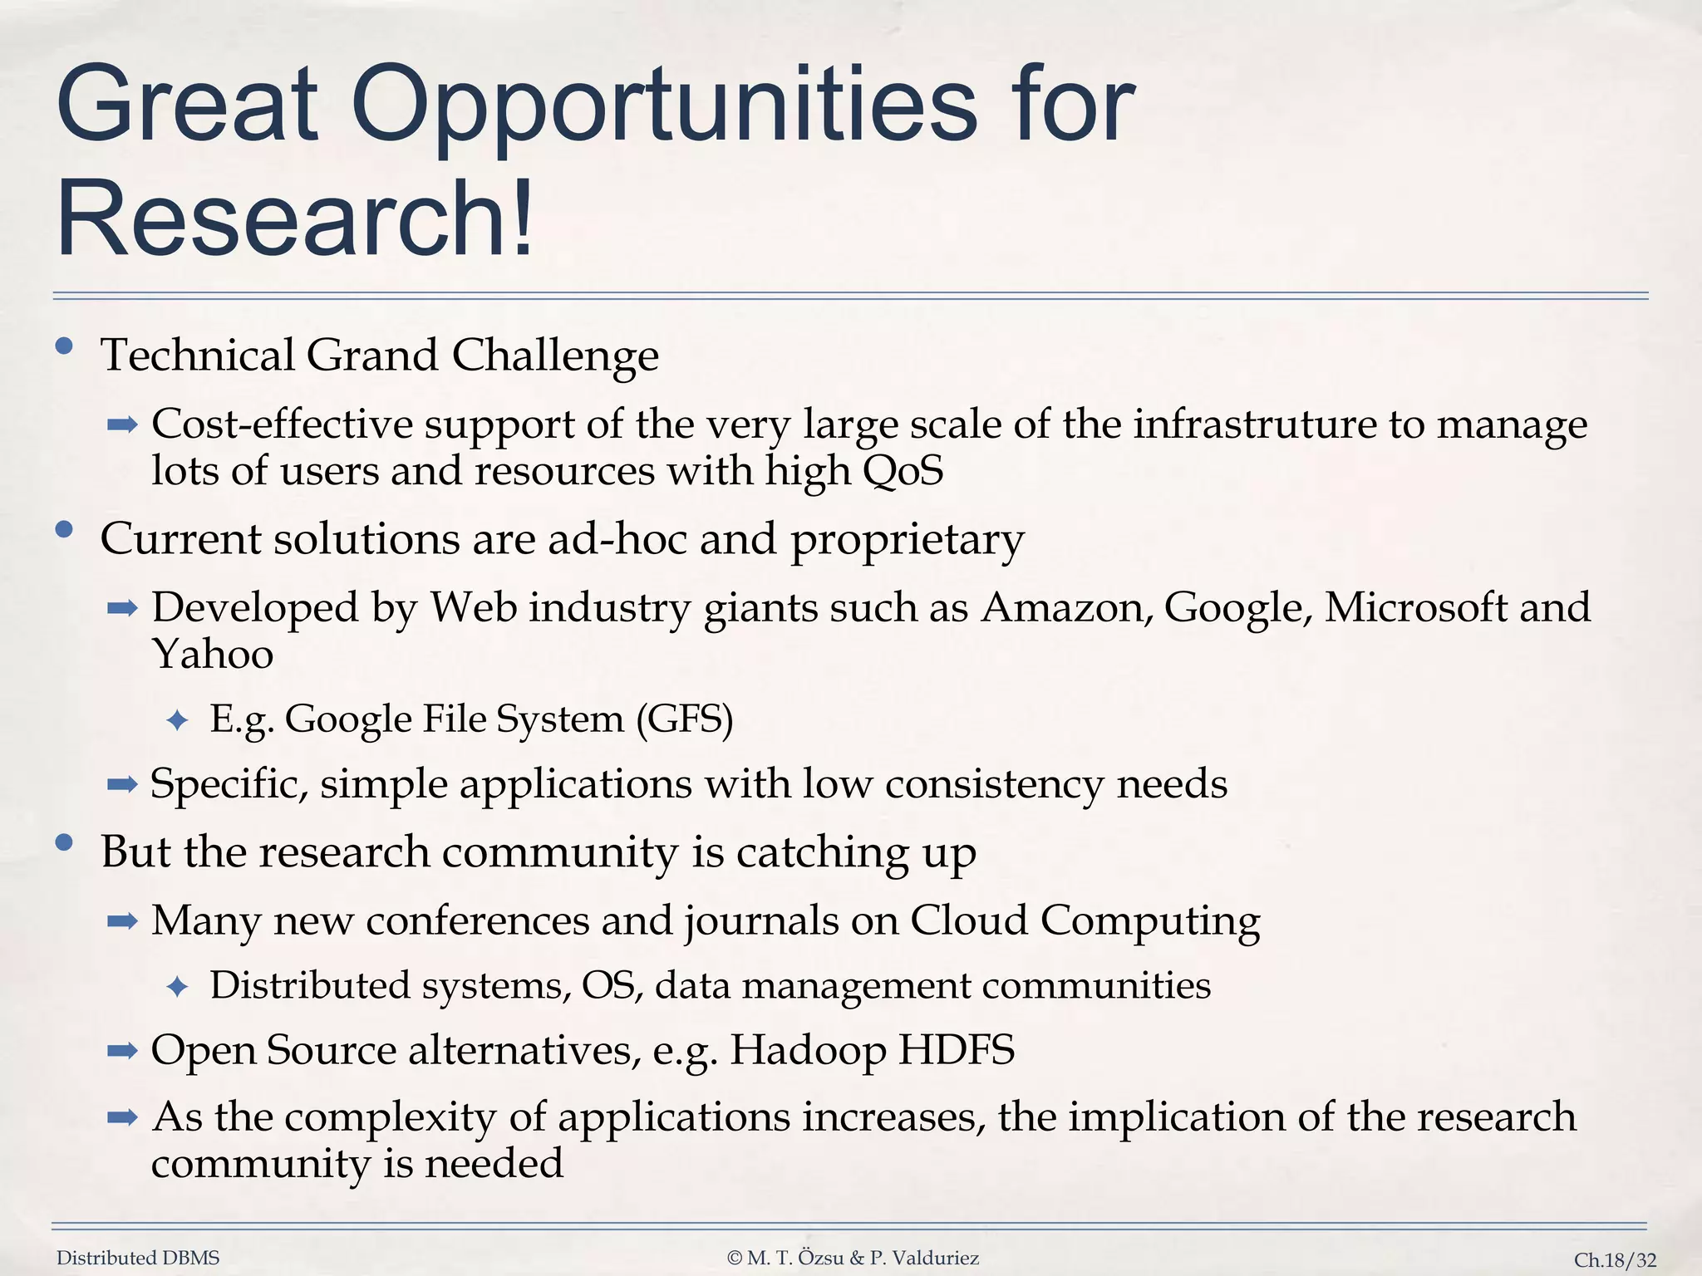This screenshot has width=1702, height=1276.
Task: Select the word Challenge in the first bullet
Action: [x=555, y=356]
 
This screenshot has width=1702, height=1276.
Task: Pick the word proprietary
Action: [x=907, y=540]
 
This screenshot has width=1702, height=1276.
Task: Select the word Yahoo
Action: [x=213, y=655]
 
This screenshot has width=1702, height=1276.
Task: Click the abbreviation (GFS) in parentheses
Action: [x=685, y=719]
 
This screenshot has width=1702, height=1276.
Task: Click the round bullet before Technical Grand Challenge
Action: [x=64, y=346]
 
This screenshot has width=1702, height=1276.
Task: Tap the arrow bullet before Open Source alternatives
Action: [x=122, y=1051]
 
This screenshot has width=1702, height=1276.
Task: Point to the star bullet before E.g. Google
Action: [x=177, y=720]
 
